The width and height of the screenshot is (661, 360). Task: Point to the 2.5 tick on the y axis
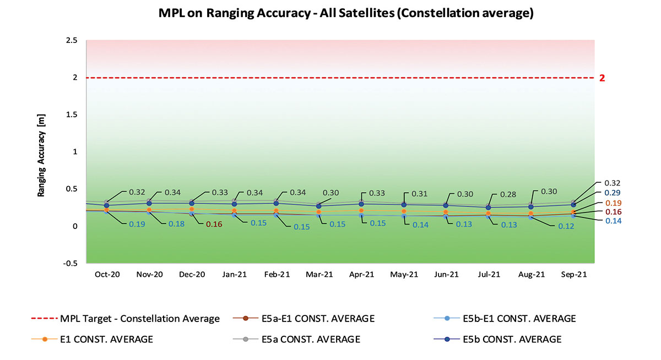pos(71,41)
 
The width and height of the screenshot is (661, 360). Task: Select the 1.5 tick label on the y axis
pos(71,114)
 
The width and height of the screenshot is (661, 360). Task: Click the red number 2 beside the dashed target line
pos(602,78)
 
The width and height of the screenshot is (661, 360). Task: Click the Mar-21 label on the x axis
pos(319,274)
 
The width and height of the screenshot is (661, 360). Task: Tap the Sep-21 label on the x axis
pos(573,274)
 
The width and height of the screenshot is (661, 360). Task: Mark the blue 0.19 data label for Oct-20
pos(137,224)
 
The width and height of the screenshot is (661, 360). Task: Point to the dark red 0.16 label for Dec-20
pos(214,224)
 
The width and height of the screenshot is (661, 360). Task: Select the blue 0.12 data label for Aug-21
pos(561,226)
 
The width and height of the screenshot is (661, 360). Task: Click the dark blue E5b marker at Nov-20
pos(149,203)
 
